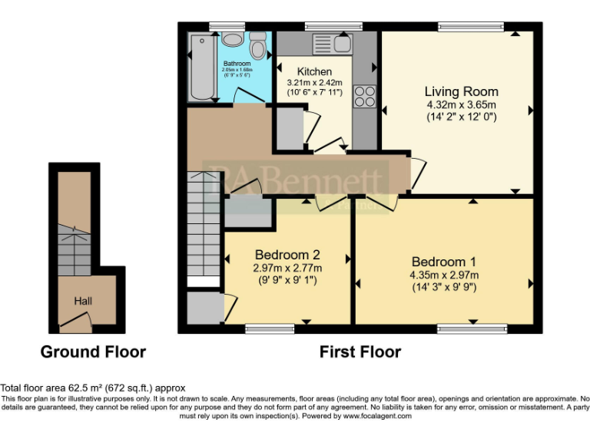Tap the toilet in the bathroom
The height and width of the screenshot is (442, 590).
click(258, 48)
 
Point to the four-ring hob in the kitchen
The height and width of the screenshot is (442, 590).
click(363, 97)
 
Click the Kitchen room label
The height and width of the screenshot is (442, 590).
click(315, 71)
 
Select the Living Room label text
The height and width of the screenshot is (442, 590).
click(462, 92)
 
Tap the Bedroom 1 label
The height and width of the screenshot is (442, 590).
click(444, 262)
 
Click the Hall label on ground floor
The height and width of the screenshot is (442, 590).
click(83, 301)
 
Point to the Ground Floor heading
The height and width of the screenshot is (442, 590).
click(93, 352)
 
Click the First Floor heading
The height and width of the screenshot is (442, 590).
click(360, 352)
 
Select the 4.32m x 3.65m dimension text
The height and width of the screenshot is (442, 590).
click(462, 105)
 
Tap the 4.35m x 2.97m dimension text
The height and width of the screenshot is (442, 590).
click(444, 275)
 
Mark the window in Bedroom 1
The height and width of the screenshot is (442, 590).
click(472, 329)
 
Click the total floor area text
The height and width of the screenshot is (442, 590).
click(93, 388)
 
